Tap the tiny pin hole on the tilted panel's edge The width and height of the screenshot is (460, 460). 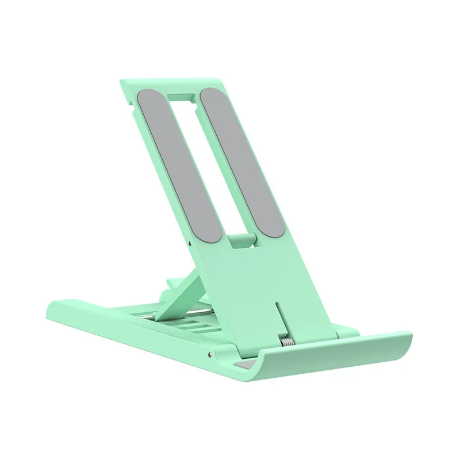pyautogui.click(x=190, y=244)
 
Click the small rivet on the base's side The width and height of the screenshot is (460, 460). pyautogui.click(x=210, y=349)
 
